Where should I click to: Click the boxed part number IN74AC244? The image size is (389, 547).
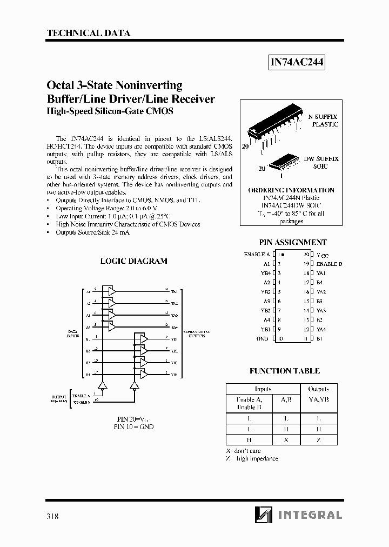pyautogui.click(x=297, y=63)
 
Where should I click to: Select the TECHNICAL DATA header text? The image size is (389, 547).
pyautogui.click(x=89, y=33)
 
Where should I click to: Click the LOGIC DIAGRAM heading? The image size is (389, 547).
pyautogui.click(x=134, y=261)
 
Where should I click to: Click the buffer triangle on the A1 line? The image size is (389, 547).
pyautogui.click(x=112, y=291)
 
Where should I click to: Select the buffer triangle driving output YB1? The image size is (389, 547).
pyautogui.click(x=143, y=339)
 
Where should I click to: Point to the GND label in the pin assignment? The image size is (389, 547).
pyautogui.click(x=263, y=339)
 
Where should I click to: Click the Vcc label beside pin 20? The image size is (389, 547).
pyautogui.click(x=323, y=255)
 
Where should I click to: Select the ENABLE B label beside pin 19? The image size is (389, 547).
pyautogui.click(x=329, y=264)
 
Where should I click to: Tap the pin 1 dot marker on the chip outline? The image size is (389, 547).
pyautogui.click(x=283, y=254)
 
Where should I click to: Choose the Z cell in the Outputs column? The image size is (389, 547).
pyautogui.click(x=319, y=440)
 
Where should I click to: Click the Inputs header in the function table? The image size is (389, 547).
pyautogui.click(x=263, y=389)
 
